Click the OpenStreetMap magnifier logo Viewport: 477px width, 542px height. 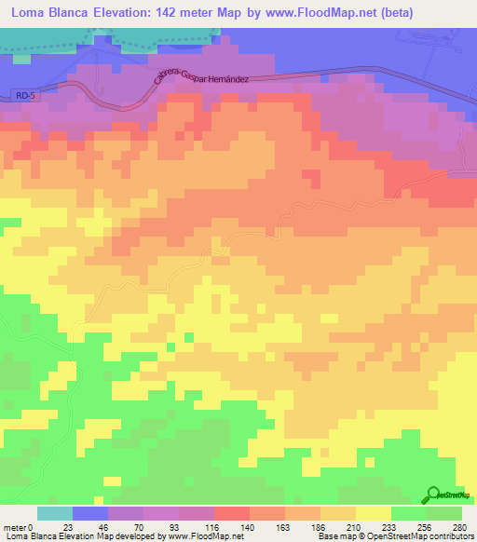(435, 494)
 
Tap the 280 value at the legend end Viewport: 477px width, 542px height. (460, 526)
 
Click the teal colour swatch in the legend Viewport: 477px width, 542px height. (55, 513)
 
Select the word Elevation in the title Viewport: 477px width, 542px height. (124, 14)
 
